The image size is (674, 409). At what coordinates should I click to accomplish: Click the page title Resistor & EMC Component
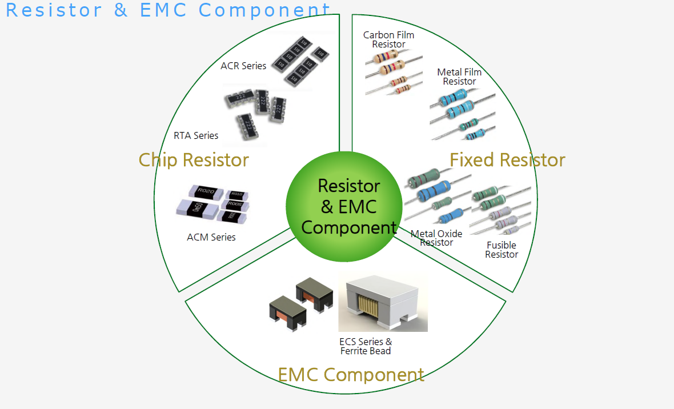pos(168,10)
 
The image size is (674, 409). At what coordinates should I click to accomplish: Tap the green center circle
pos(342,206)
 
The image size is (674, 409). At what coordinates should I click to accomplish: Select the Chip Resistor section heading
pos(194,160)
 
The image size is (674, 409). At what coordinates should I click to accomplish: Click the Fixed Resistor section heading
pos(507,160)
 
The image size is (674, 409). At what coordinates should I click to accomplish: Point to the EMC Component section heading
pos(351,375)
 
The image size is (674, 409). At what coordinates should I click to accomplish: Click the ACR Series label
pos(243,66)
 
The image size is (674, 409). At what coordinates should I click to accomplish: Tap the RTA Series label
pos(196,135)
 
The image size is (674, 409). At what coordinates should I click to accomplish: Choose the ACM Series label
pos(211,237)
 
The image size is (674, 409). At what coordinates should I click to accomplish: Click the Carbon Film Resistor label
pos(388,39)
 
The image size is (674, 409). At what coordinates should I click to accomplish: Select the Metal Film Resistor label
pos(459,77)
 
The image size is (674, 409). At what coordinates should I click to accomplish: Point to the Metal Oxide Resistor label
pos(436,238)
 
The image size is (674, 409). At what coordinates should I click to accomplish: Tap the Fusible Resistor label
pos(502,250)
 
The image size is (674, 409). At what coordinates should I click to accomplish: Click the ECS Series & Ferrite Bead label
pos(366,346)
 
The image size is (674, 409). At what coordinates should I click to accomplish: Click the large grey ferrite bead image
pos(383,303)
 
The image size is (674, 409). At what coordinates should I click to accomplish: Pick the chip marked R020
pos(204,191)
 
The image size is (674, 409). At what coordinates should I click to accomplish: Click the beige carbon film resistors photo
pos(393,71)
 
